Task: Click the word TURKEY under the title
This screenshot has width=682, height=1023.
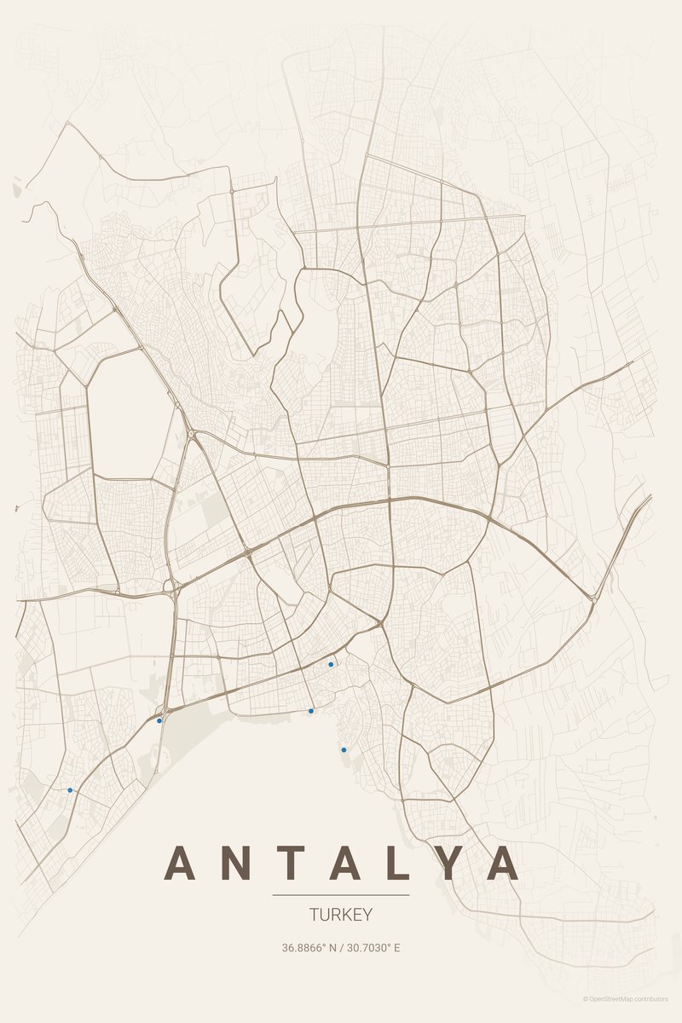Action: pos(341,915)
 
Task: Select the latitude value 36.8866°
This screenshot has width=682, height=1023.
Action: pos(304,947)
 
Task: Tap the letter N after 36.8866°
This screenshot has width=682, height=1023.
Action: pos(332,947)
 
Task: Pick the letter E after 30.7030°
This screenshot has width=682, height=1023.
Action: pos(396,947)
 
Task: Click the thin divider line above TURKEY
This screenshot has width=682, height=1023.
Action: pos(341,895)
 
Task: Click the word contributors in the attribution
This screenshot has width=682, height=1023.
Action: pos(652,998)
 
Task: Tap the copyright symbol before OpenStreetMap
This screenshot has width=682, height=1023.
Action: pos(586,998)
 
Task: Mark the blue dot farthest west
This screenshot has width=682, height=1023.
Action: pos(70,790)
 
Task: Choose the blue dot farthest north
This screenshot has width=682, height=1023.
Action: pos(331,664)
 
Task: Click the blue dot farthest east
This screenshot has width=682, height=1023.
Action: pos(344,749)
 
